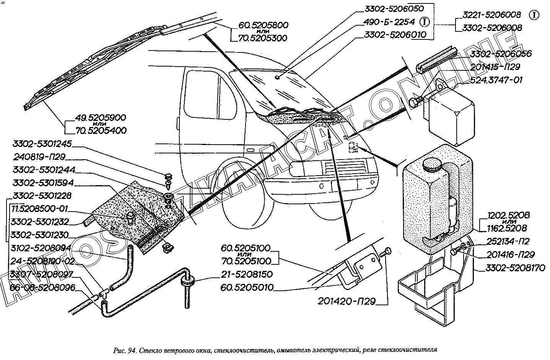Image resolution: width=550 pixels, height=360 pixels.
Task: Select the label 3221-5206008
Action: (491, 15)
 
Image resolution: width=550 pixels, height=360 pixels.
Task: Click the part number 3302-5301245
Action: (42, 144)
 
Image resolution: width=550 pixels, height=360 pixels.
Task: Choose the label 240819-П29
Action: (39, 157)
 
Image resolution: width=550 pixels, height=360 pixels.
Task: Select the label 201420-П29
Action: (347, 301)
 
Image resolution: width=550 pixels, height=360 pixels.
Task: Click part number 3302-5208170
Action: (515, 269)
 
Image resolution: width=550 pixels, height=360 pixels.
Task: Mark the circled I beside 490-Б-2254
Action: (424, 22)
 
